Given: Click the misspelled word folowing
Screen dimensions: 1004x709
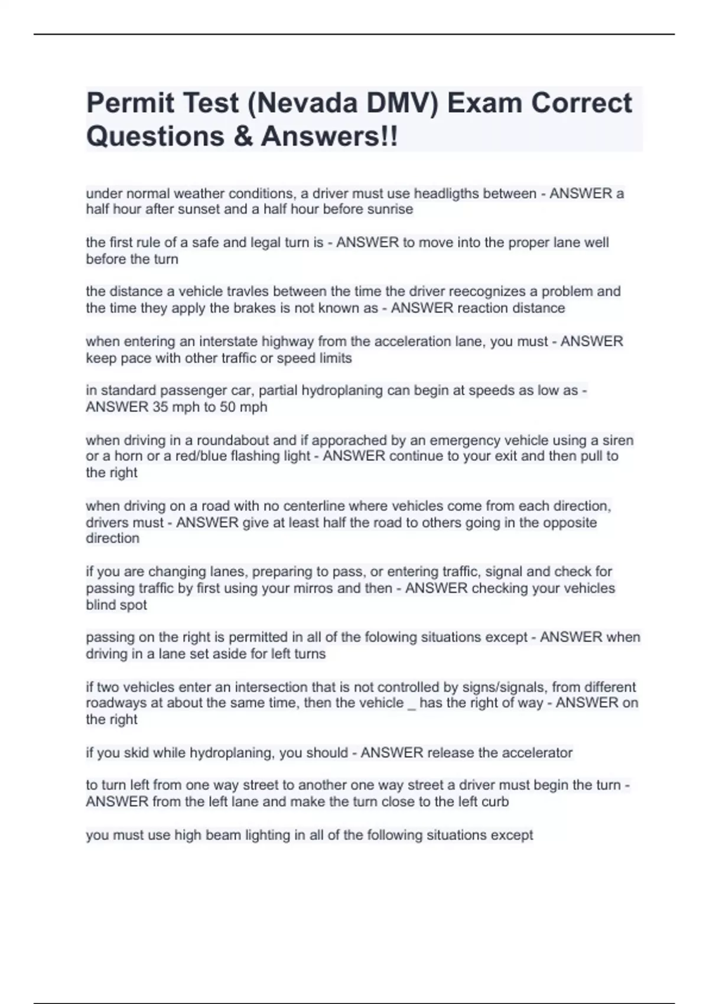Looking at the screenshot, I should coord(394,638).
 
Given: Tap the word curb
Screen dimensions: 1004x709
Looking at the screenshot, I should coord(495,802).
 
